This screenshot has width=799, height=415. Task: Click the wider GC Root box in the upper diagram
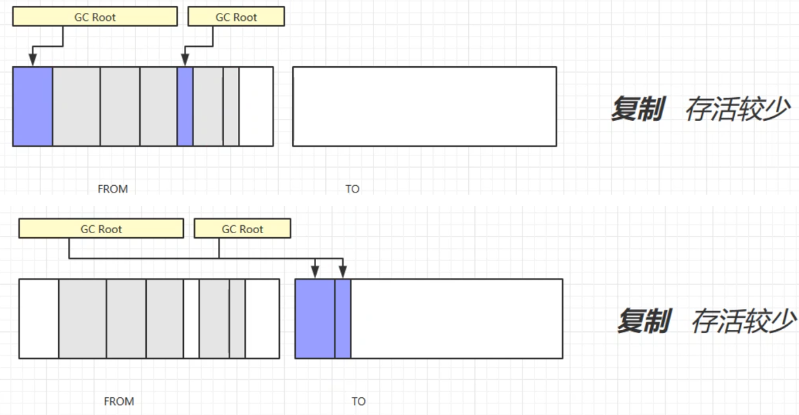(94, 17)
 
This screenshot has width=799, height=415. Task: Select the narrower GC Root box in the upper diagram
(235, 17)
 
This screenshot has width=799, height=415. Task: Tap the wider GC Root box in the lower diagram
(101, 229)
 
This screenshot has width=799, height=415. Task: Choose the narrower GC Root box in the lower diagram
(242, 229)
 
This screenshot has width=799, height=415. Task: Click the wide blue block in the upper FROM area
(32, 106)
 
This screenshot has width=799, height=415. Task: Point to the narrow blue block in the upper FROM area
(185, 106)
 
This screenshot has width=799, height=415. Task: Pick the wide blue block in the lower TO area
(315, 318)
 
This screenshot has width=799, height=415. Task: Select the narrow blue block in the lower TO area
(343, 318)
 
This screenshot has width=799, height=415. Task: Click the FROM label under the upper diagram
(112, 189)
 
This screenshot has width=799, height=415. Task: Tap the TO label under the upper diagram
(352, 189)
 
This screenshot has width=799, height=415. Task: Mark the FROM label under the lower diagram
(118, 401)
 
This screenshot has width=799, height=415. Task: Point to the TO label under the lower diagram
(359, 401)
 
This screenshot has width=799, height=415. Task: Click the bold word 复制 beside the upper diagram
(637, 109)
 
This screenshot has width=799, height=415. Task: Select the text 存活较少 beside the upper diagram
(737, 109)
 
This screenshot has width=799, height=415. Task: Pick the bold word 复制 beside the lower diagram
(643, 321)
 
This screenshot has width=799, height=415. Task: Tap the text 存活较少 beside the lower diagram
(742, 321)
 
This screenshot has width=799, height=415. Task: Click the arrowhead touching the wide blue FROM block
(32, 62)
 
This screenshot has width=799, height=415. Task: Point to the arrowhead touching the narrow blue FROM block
(185, 62)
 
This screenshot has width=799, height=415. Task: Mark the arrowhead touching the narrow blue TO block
(342, 273)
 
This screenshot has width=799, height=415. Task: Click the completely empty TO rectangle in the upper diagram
(424, 106)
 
